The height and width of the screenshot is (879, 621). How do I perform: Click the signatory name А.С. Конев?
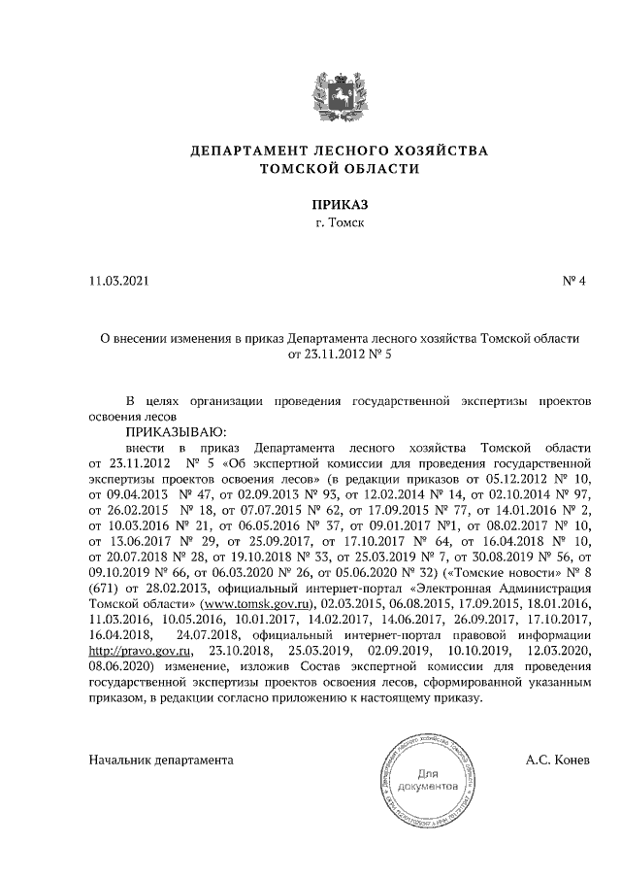click(x=559, y=760)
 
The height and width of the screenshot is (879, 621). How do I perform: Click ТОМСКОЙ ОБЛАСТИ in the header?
click(x=340, y=168)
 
